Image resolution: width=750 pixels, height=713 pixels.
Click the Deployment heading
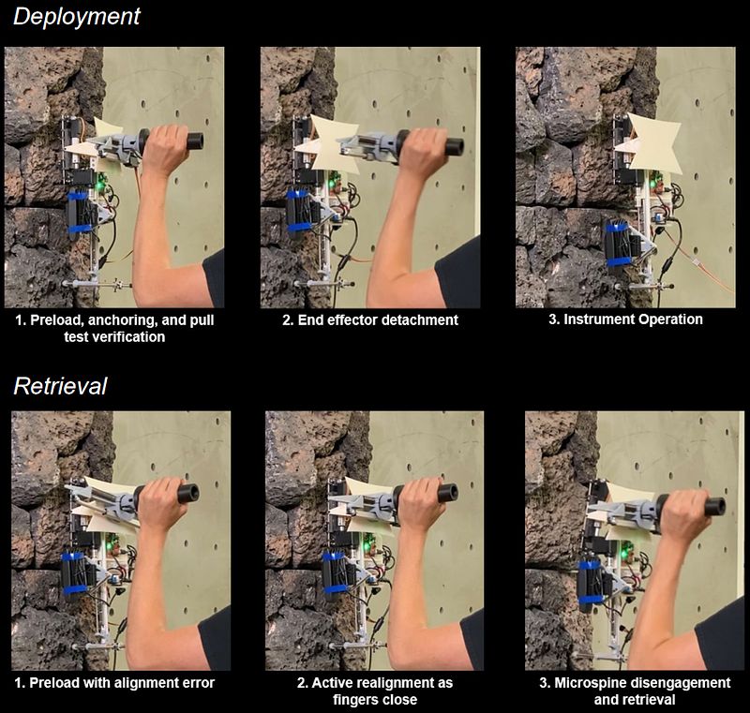77,17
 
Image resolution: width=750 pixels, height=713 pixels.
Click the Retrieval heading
60,386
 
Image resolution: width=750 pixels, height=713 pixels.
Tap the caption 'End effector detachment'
369,319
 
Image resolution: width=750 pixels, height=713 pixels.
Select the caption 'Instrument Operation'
625,319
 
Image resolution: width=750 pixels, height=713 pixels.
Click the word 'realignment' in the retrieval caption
352,682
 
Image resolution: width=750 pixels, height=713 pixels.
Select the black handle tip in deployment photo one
195,141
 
